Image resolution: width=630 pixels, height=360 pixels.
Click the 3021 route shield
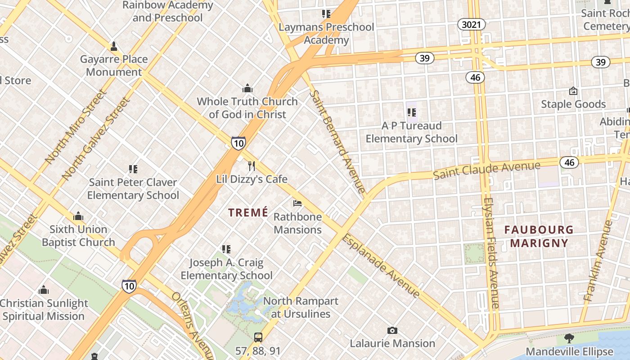tap(472, 24)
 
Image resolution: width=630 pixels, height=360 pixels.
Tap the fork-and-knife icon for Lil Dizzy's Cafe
tap(252, 166)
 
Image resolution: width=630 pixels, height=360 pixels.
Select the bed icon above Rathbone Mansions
tap(297, 203)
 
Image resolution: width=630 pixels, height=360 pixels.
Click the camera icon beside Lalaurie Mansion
tap(392, 331)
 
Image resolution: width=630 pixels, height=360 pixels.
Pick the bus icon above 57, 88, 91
tap(258, 337)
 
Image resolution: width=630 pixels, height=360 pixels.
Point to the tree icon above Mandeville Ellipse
tap(569, 338)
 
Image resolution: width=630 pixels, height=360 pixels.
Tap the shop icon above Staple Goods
tap(573, 91)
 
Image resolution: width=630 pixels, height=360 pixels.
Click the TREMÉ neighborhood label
tap(248, 212)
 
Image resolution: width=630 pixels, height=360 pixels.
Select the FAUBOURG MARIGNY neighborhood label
tap(535, 237)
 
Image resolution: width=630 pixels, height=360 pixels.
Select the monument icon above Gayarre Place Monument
tap(114, 46)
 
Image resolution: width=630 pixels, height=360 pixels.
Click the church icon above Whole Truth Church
tap(247, 88)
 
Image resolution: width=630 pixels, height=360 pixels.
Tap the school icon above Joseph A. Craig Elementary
tap(226, 249)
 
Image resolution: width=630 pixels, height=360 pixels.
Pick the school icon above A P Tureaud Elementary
tap(411, 112)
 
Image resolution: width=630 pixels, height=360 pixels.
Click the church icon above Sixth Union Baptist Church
tap(78, 216)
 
